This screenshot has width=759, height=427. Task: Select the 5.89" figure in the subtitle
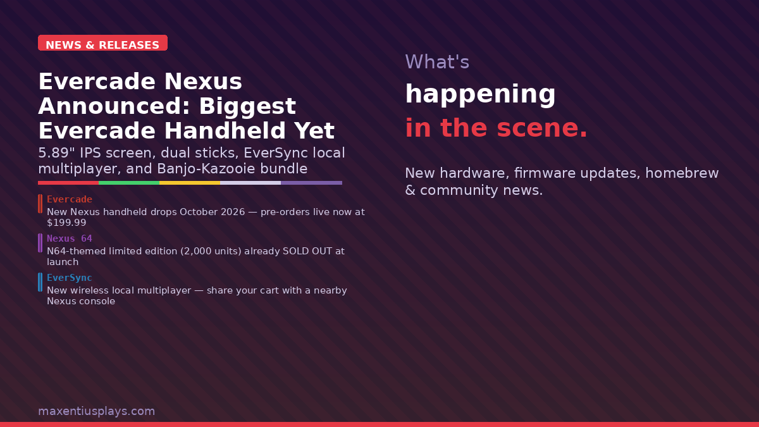[x=56, y=153]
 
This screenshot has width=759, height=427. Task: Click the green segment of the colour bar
[x=129, y=183]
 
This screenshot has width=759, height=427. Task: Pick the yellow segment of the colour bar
[x=190, y=183]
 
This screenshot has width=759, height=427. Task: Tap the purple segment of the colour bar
[x=311, y=183]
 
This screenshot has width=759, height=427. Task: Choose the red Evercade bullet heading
[x=70, y=199]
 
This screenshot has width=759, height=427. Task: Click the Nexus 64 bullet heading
[x=70, y=238]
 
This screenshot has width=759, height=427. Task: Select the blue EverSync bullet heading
[x=70, y=278]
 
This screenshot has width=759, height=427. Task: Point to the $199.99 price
[x=66, y=223]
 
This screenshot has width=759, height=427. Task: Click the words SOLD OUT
[x=307, y=251]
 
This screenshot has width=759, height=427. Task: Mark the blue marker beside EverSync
[x=40, y=282]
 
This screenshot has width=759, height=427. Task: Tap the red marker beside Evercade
[x=40, y=204]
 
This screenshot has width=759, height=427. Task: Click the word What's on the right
[x=437, y=62]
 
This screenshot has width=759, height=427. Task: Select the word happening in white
[x=480, y=94]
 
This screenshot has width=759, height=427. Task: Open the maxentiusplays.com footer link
[x=96, y=411]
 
